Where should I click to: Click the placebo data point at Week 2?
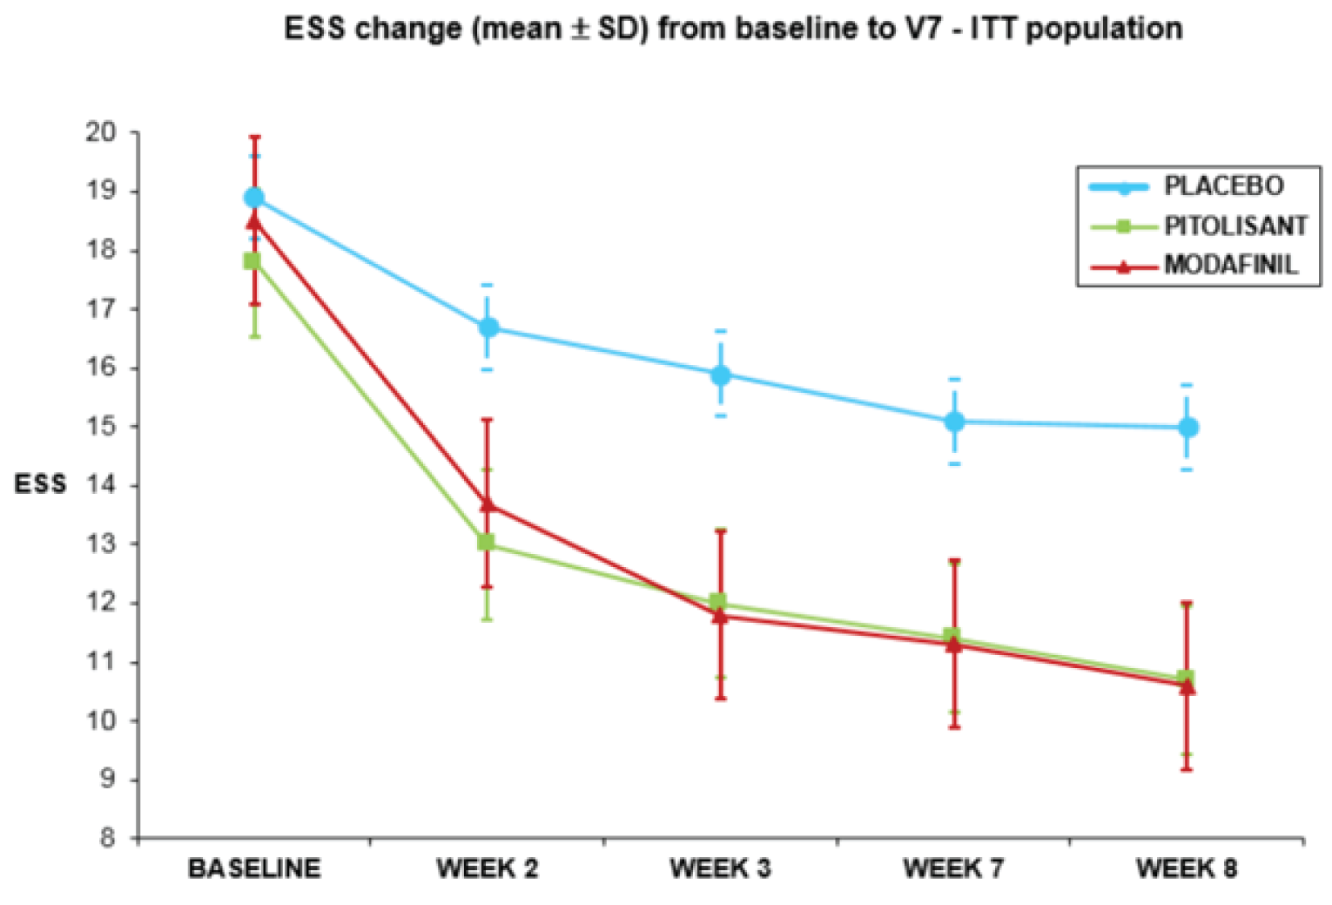point(488,328)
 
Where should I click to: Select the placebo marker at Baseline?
point(254,198)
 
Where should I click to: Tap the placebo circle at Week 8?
point(1187,428)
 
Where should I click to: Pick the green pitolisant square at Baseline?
point(252,260)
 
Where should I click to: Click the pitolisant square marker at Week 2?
point(486,543)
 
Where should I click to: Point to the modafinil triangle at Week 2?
point(488,504)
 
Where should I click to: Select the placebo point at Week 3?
point(721,375)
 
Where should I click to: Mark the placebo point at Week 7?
point(954,422)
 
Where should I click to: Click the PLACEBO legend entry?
point(1223,186)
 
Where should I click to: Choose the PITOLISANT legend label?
point(1235,226)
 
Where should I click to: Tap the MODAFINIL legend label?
point(1230,264)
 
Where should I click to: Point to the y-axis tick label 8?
point(107,838)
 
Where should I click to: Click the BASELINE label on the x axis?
point(254,868)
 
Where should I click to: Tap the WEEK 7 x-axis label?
point(953,868)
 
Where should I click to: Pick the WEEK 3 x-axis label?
point(720,868)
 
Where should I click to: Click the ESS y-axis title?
point(40,485)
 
